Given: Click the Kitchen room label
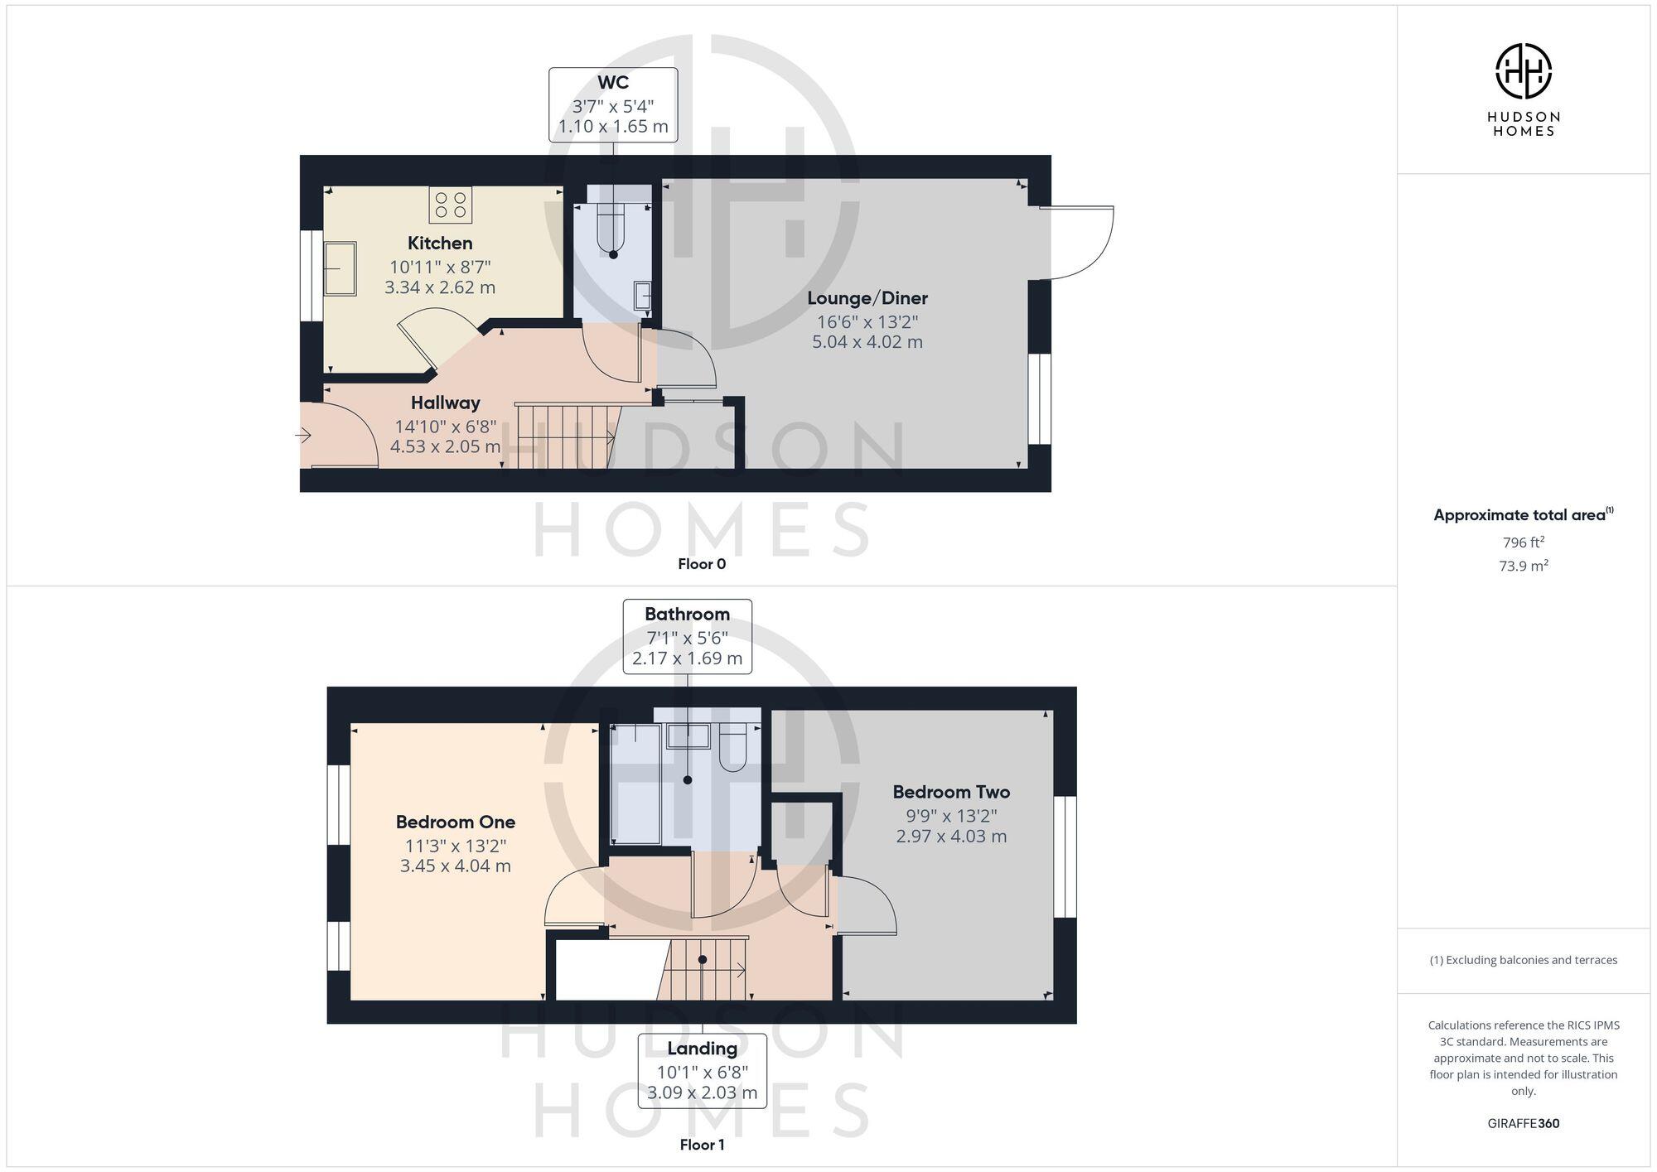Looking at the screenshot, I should [440, 244].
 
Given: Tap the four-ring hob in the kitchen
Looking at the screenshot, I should [450, 205].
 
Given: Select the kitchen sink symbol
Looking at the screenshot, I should [340, 268].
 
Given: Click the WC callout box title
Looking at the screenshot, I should [613, 83].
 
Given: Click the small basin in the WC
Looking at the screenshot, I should [642, 295].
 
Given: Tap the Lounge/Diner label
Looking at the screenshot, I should [867, 298].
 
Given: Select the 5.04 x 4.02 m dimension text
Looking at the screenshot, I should [867, 342].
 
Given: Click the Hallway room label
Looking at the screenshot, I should [446, 403].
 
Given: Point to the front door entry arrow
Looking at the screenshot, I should [303, 434].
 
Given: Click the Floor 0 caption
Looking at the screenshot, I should [702, 564].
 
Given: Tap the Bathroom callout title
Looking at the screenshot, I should [687, 615].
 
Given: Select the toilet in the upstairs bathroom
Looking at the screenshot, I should [733, 748].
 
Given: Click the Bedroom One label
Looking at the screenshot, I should [456, 822].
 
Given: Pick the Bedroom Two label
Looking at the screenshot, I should [951, 793].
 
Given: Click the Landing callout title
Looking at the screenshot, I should [702, 1049].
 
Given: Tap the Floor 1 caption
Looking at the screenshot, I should [702, 1145].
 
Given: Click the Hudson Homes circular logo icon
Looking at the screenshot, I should [1523, 71].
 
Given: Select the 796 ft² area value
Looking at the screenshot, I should [1523, 543].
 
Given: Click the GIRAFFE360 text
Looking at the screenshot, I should [1523, 1124].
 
